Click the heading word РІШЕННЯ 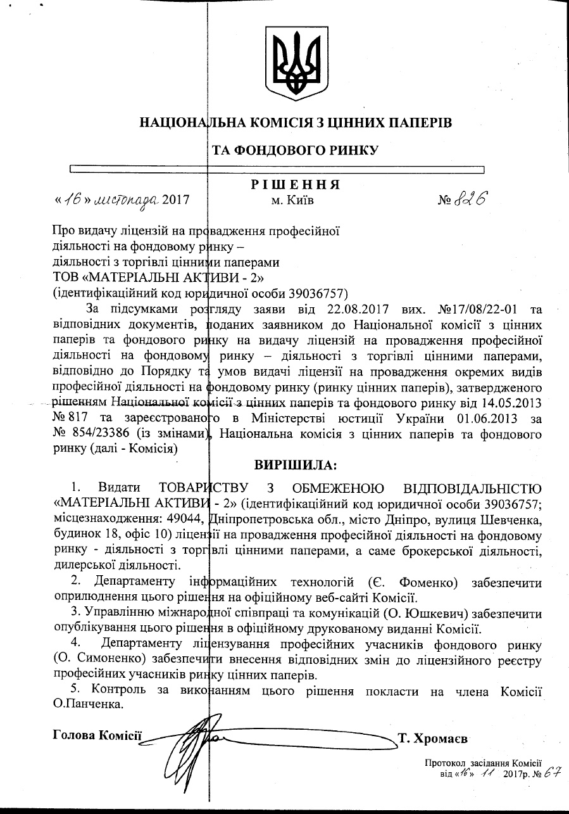click(x=296, y=184)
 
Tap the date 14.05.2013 click(x=511, y=403)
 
